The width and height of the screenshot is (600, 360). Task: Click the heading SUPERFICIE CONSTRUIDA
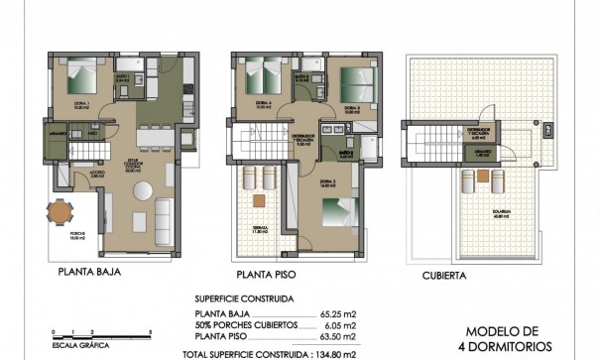coord(257,296)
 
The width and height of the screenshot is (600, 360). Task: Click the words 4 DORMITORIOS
coord(515,348)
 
